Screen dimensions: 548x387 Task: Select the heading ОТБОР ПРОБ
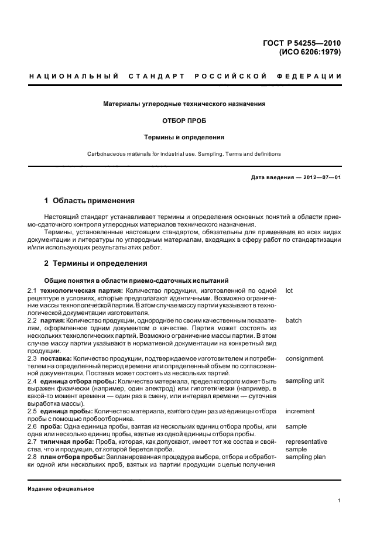click(x=184, y=121)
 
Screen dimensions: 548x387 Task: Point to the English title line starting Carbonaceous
click(x=184, y=154)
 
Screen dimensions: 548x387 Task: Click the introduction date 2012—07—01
click(x=321, y=178)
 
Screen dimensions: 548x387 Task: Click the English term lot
click(x=289, y=290)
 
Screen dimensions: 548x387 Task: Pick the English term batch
click(x=294, y=321)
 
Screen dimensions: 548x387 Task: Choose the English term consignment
click(x=304, y=358)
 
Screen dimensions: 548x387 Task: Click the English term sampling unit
click(x=304, y=381)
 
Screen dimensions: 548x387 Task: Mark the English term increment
click(x=300, y=412)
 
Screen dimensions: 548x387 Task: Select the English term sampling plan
click(x=305, y=457)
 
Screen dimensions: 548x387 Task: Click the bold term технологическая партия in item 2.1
click(x=81, y=290)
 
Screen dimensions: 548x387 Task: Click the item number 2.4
click(x=33, y=381)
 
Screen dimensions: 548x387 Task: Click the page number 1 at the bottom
click(x=340, y=501)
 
